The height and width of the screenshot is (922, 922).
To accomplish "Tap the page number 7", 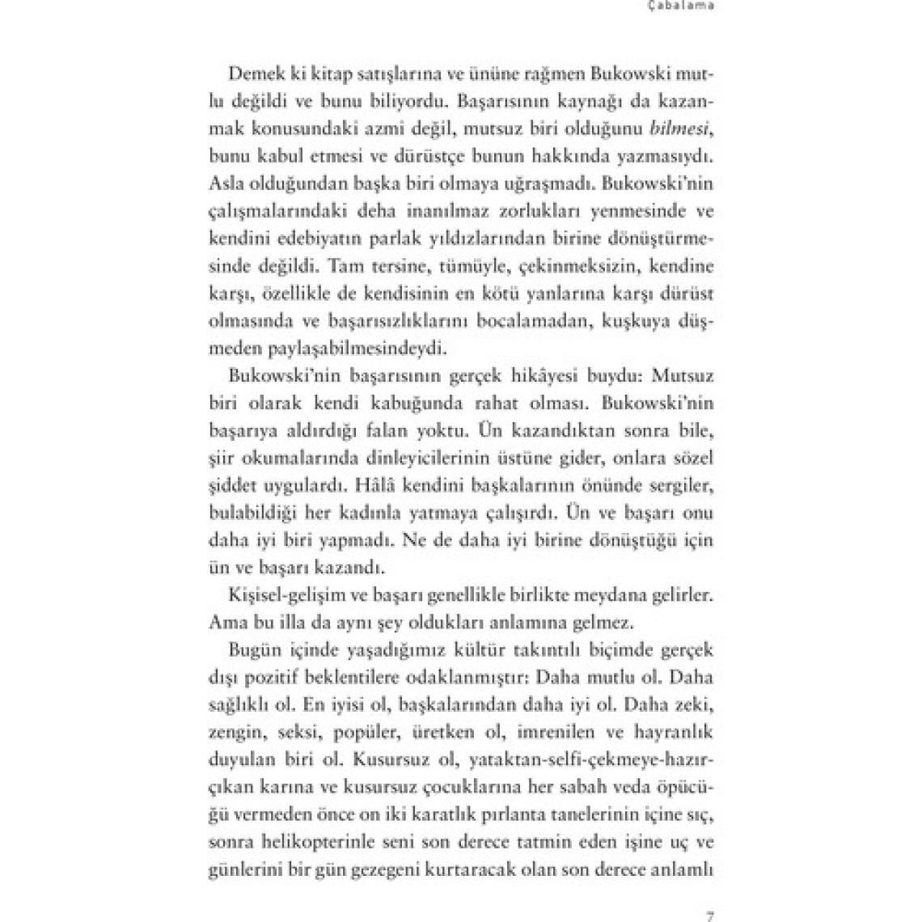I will pos(709,916).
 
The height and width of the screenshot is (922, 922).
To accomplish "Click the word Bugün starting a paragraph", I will pos(253,650).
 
